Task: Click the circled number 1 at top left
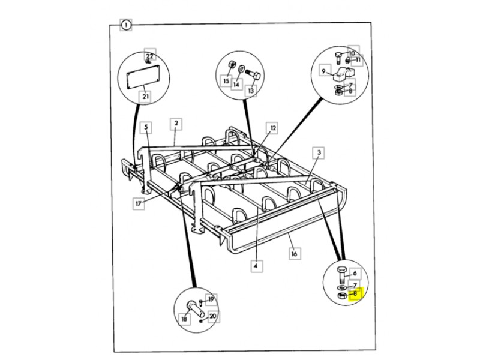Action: pos(125,25)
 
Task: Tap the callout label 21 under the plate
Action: pos(145,96)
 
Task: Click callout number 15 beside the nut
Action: pos(227,80)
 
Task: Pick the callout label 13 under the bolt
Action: pos(251,91)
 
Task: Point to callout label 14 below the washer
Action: pos(236,85)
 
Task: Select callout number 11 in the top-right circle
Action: pos(358,60)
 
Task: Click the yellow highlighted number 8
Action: pos(355,294)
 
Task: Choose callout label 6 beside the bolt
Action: pos(355,273)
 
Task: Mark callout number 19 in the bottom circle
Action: pos(211,300)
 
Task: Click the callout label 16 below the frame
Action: pos(294,254)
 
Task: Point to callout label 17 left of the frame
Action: pos(139,203)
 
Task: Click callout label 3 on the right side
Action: pos(320,154)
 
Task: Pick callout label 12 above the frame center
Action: pos(273,128)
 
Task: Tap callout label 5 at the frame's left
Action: pos(145,127)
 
